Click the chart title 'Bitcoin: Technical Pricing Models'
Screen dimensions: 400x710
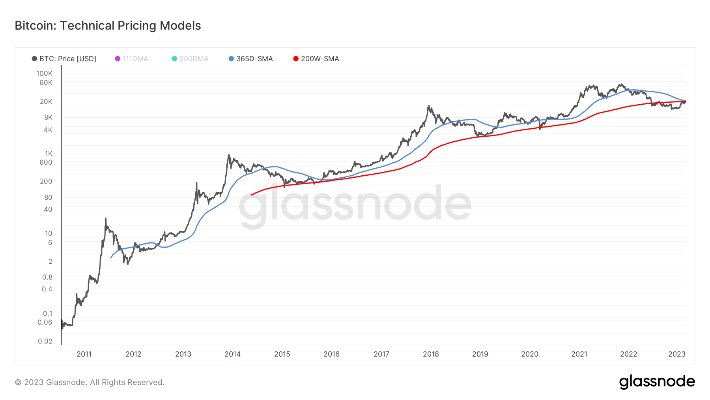tap(108, 26)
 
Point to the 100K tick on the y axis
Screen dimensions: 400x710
tap(44, 73)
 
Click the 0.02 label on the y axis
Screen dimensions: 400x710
tap(45, 341)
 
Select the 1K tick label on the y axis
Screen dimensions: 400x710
tap(48, 154)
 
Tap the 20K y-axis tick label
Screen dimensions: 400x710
tap(46, 101)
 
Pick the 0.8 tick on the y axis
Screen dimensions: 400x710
tap(47, 277)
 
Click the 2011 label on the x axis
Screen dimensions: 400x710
tap(84, 354)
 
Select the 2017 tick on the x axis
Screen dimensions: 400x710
tap(381, 354)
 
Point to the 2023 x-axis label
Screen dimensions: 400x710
tap(677, 354)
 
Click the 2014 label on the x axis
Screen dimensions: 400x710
tap(233, 354)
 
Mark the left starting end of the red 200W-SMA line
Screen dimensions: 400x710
tap(251, 195)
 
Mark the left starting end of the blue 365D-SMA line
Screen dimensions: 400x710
tap(111, 258)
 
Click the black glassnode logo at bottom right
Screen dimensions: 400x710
tap(657, 382)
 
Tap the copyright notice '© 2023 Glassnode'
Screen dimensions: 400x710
tap(90, 382)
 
